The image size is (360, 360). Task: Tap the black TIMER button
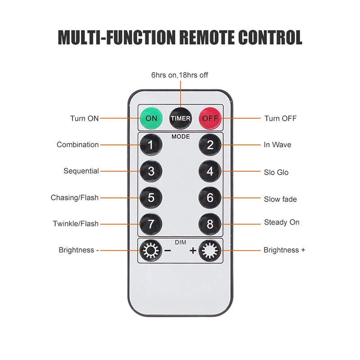(180, 118)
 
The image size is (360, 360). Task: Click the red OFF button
(210, 118)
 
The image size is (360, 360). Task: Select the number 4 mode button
(210, 171)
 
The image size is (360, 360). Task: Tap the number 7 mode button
(151, 224)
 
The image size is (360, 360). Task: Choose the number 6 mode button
(210, 198)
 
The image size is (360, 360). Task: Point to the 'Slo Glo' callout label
(276, 172)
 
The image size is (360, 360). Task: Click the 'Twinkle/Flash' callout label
(75, 224)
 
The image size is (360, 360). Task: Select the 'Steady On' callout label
(281, 222)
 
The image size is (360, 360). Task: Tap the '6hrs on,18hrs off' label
(180, 75)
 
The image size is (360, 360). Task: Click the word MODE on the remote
(180, 136)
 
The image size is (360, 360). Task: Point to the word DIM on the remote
(180, 243)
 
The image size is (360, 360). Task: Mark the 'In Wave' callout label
(277, 145)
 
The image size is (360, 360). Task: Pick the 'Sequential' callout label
(81, 171)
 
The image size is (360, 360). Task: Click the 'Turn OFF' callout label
(280, 118)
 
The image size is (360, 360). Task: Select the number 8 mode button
(210, 224)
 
